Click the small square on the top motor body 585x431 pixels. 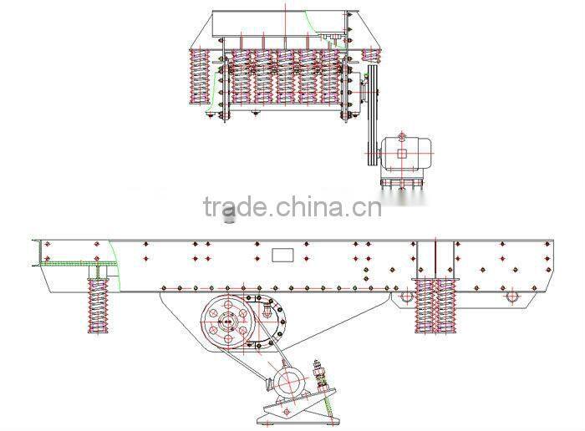(402, 153)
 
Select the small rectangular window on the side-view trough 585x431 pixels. (282, 253)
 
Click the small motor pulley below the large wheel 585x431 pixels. (289, 383)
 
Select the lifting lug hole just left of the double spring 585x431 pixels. (405, 296)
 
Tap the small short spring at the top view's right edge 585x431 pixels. (373, 55)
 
